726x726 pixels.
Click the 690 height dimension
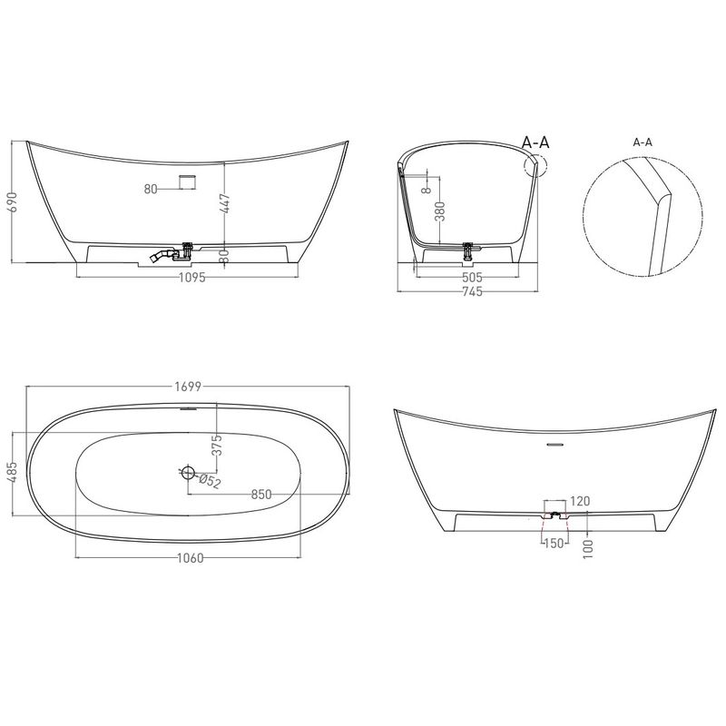(x=15, y=201)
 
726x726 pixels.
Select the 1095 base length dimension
(x=191, y=278)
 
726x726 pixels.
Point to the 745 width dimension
(x=472, y=291)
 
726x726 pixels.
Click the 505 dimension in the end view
(x=472, y=278)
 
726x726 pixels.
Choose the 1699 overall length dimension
(x=188, y=387)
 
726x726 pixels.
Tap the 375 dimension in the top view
(x=217, y=445)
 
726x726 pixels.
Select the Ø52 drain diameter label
(x=210, y=482)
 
